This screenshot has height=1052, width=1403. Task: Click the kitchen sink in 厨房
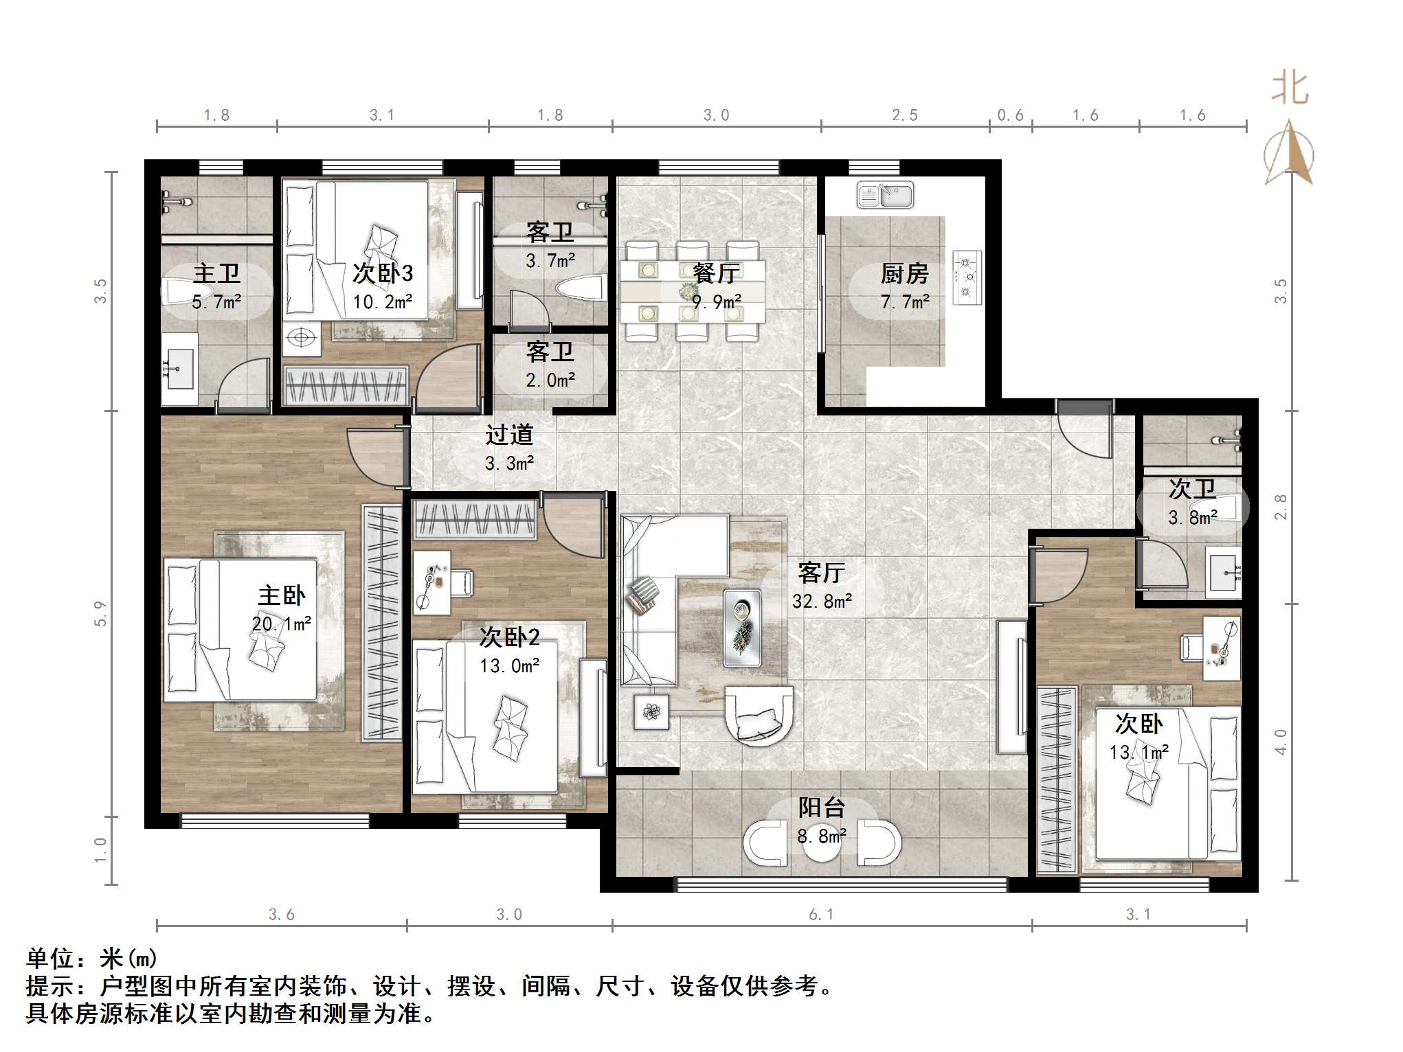coord(885,196)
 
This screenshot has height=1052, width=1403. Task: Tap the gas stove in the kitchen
coord(967,277)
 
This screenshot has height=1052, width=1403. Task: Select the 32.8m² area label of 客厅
coord(822,602)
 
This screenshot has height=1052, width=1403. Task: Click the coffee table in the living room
coord(742,628)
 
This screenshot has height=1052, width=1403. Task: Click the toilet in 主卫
coord(180,291)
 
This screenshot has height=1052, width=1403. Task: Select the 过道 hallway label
coord(509,435)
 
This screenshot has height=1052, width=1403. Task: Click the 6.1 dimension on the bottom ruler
coord(821,915)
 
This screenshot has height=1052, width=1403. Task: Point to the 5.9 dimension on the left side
coord(101,613)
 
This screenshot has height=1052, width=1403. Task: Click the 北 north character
coord(1290,89)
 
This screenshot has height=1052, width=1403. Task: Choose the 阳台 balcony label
coord(821,808)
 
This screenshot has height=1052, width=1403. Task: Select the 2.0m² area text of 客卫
coord(550,380)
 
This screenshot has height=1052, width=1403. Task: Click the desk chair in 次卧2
coord(460,582)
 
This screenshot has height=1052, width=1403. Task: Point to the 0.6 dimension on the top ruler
coord(1010,115)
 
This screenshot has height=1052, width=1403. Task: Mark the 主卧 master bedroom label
coord(281,595)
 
